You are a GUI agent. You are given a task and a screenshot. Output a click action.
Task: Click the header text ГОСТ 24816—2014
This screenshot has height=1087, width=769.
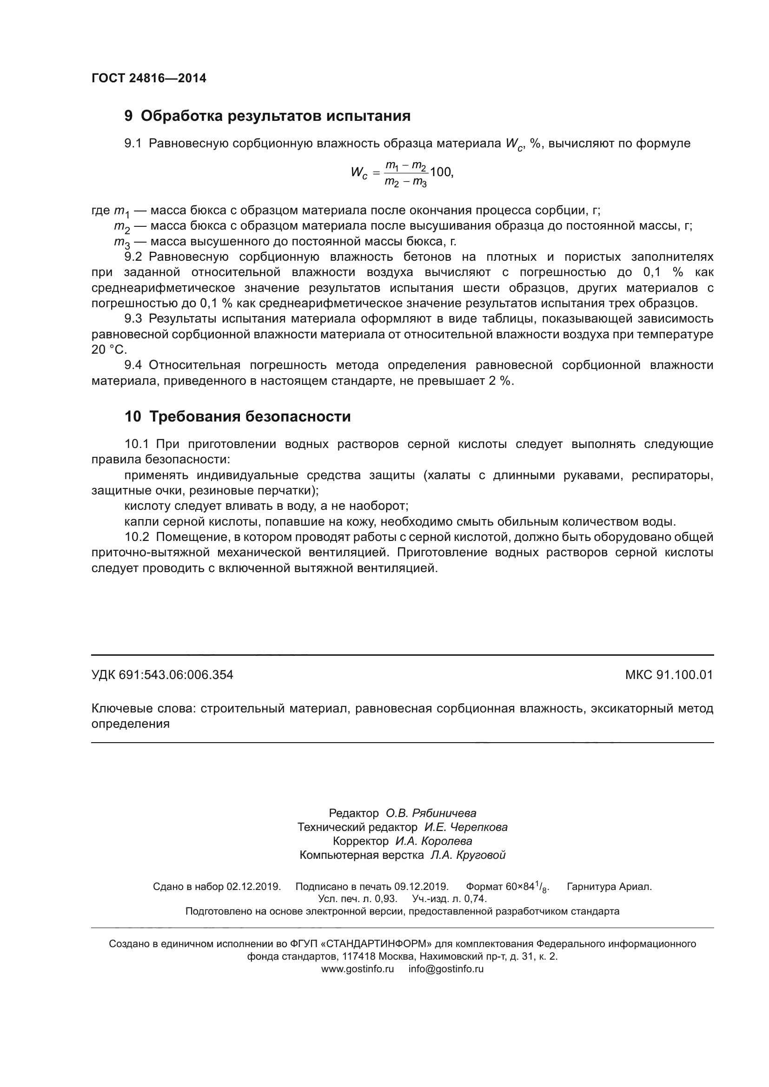pos(149,78)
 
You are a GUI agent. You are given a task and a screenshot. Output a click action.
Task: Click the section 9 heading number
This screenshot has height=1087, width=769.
pos(128,116)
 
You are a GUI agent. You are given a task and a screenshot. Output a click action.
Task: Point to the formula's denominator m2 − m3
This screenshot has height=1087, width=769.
pos(405,181)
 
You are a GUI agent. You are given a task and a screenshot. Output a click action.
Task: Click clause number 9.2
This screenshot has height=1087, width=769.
pos(133,257)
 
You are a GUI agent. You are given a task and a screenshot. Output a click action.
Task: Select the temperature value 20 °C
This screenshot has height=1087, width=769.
pos(109,350)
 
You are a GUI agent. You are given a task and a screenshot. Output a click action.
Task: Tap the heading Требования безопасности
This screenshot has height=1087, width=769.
pos(250,416)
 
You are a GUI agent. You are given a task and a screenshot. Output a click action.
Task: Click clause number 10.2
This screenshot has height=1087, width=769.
pos(137,537)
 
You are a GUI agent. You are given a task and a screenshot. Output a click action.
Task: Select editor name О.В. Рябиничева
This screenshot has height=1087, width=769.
pos(431,813)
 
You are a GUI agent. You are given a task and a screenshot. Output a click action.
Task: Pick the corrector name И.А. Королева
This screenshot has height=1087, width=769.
pos(434,841)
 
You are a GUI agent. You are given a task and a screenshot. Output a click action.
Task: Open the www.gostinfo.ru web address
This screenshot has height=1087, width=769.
pos(358,968)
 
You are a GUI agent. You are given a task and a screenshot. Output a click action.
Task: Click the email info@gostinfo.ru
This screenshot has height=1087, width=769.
pos(446,968)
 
